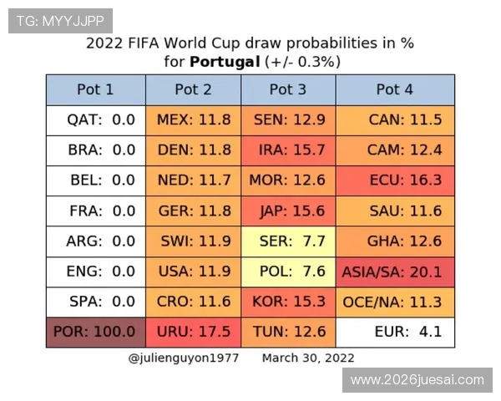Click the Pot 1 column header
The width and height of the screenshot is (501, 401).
coord(95,89)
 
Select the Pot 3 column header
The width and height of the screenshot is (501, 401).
coord(288,89)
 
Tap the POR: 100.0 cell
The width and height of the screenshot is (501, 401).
coord(95,332)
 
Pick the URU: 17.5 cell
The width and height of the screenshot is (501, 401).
coord(194,332)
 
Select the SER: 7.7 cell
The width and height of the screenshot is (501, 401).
coord(288,241)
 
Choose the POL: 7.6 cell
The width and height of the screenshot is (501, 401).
coord(288,272)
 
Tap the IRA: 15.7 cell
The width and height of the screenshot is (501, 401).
coord(288,150)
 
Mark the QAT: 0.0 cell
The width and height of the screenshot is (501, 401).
coord(95,119)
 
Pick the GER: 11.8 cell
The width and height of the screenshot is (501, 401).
coord(194,211)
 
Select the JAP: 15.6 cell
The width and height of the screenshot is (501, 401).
coord(288,211)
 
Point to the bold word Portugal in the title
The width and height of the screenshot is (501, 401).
coord(225,61)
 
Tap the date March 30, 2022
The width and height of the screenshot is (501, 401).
coord(308,358)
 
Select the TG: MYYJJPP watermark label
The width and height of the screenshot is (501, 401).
coord(60,19)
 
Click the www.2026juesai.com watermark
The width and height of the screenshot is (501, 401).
coord(417,380)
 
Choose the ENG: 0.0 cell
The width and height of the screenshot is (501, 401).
coord(95,272)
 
